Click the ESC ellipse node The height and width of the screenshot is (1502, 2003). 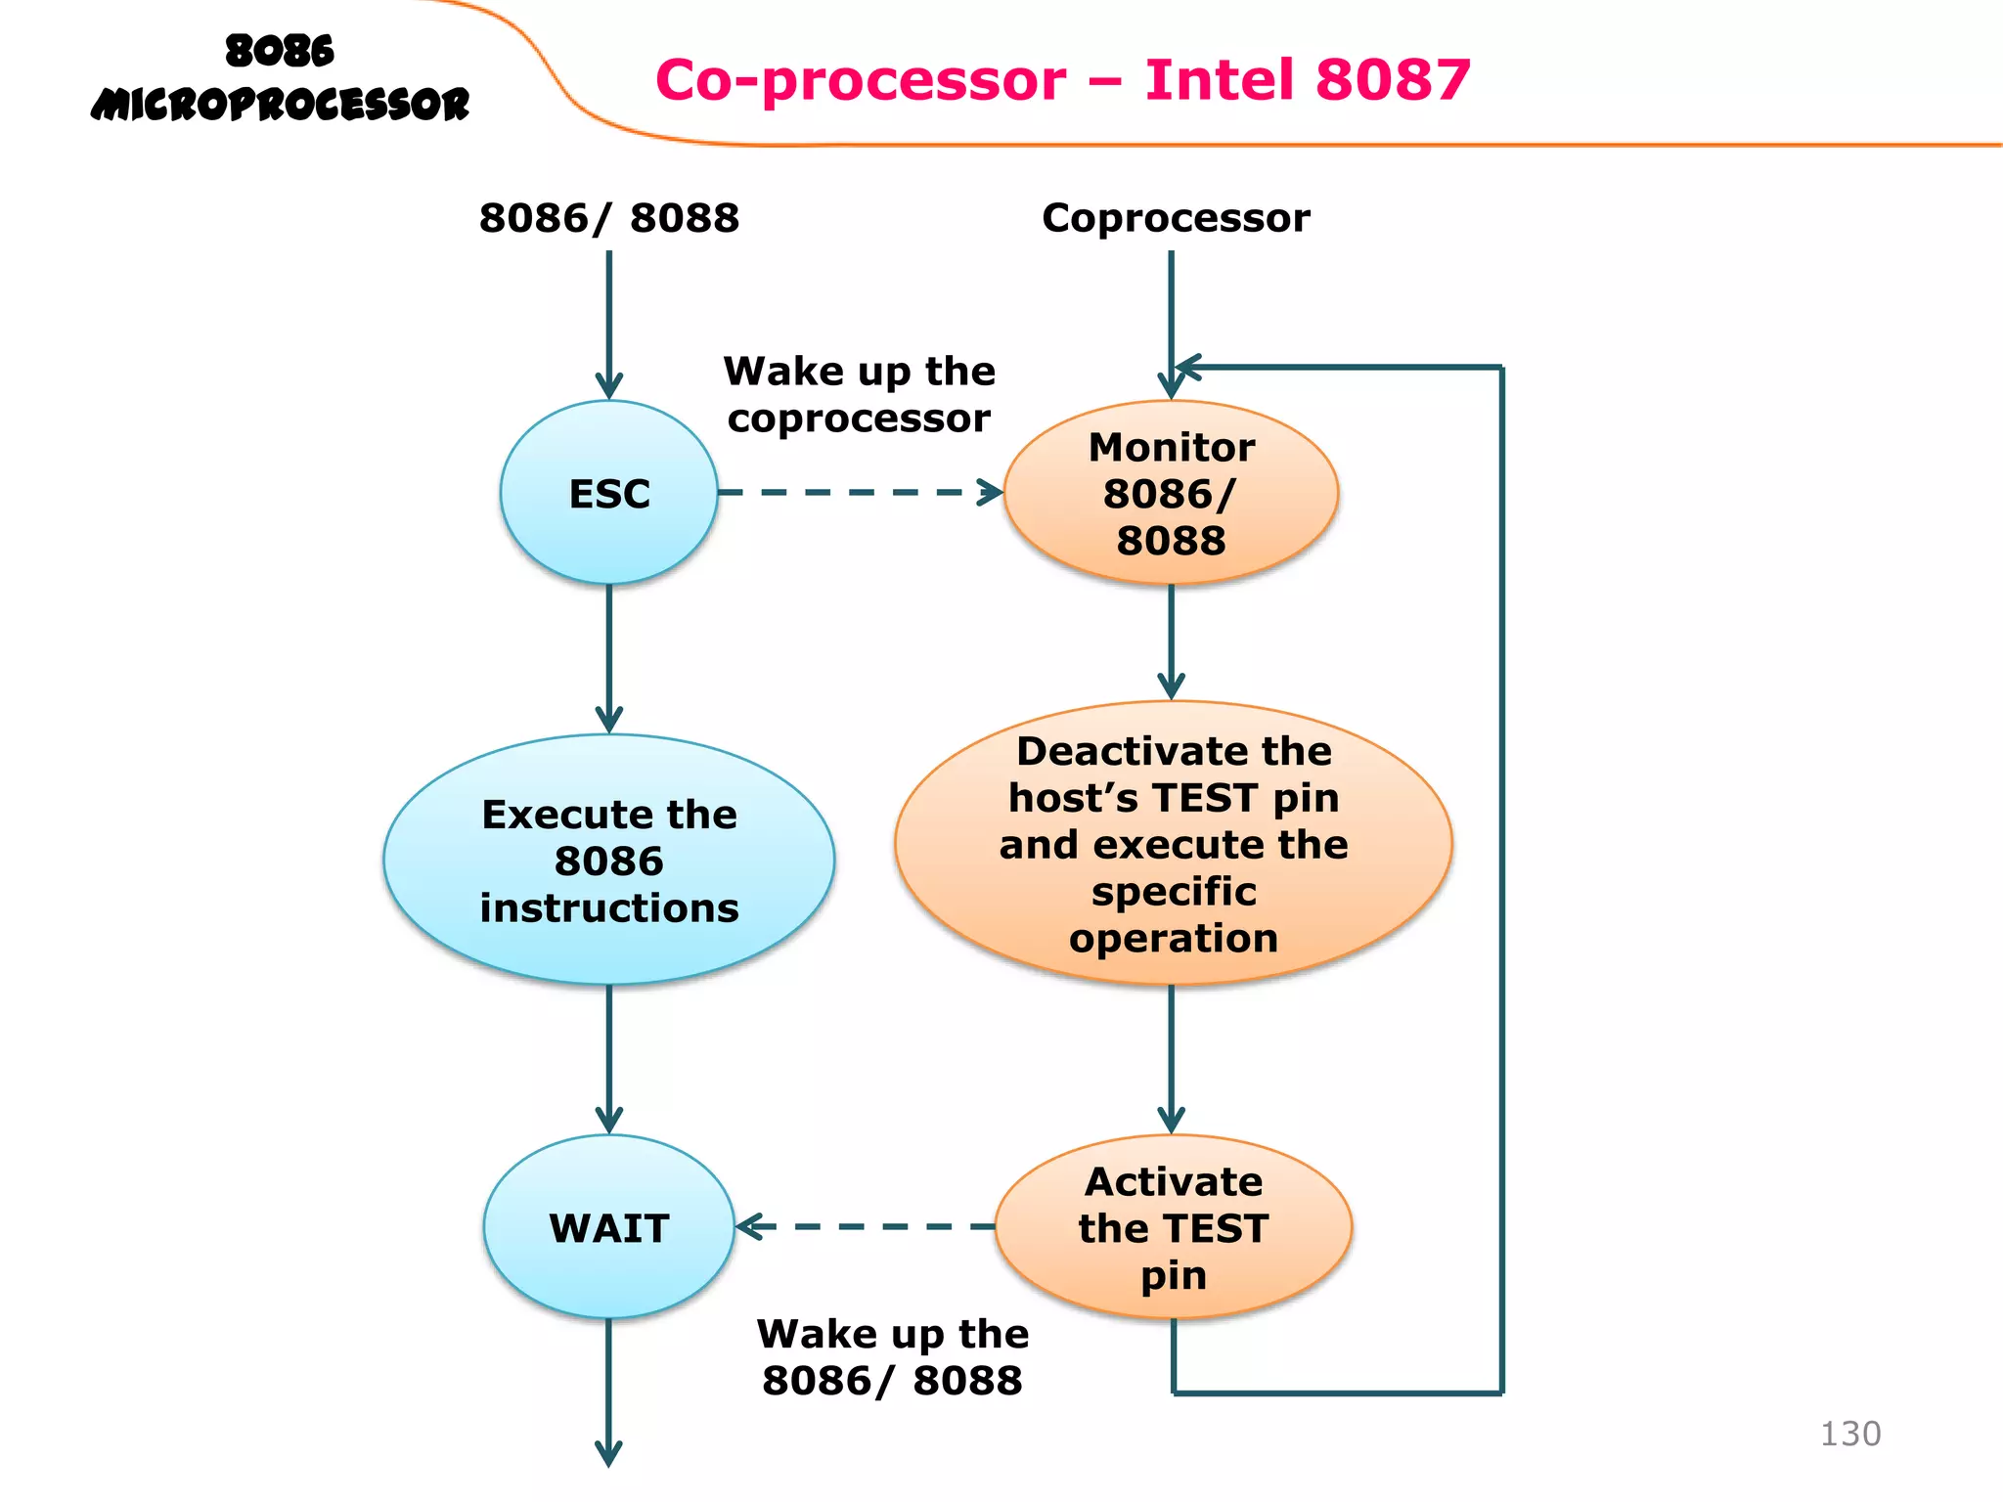608,493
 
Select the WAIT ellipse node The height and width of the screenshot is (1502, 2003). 608,1227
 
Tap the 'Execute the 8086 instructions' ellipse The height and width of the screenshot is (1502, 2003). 608,861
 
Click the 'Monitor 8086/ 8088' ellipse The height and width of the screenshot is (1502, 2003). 1171,493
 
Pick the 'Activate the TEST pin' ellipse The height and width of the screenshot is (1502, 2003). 1173,1227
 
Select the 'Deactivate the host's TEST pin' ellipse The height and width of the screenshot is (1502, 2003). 1173,843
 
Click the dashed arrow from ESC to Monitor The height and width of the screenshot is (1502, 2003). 861,492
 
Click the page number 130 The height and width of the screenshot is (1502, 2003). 1849,1434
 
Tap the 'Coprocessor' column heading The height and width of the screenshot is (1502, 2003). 1175,217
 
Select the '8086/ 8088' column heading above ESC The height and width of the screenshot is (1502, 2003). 608,217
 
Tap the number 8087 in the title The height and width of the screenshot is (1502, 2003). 1393,79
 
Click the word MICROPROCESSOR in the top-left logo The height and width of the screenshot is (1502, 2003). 280,105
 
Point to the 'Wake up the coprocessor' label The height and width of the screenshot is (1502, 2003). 859,395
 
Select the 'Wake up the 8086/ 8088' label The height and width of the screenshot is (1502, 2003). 892,1357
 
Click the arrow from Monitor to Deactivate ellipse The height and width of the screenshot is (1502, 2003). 1171,641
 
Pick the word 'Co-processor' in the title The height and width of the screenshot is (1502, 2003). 861,79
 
